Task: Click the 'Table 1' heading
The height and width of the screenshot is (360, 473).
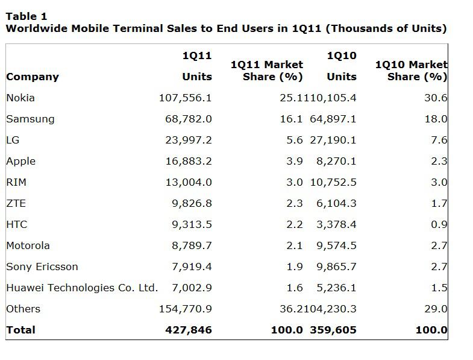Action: pyautogui.click(x=26, y=16)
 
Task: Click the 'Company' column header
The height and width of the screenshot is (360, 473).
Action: pyautogui.click(x=33, y=77)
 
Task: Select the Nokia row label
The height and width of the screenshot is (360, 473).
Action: pyautogui.click(x=20, y=98)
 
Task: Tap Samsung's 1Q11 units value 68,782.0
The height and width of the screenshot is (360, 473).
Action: pyautogui.click(x=188, y=119)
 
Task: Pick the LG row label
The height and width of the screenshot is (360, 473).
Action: pyautogui.click(x=13, y=140)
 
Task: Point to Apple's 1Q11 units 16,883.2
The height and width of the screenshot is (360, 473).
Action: pyautogui.click(x=188, y=161)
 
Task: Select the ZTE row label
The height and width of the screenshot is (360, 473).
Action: pyautogui.click(x=16, y=203)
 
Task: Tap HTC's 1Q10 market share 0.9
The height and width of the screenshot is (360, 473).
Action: pyautogui.click(x=439, y=224)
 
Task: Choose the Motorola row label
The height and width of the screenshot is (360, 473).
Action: pyautogui.click(x=28, y=245)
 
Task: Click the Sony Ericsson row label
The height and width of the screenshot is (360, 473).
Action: pyautogui.click(x=42, y=267)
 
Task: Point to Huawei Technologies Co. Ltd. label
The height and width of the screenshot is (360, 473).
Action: pyautogui.click(x=82, y=288)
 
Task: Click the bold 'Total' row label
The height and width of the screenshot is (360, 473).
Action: pyautogui.click(x=20, y=330)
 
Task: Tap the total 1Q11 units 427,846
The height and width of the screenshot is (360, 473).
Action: pyautogui.click(x=188, y=330)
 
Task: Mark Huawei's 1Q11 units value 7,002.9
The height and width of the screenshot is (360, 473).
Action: pyautogui.click(x=192, y=288)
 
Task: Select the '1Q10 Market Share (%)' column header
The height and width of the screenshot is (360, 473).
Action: pyautogui.click(x=411, y=71)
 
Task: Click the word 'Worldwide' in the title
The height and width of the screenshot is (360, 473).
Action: pyautogui.click(x=36, y=28)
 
